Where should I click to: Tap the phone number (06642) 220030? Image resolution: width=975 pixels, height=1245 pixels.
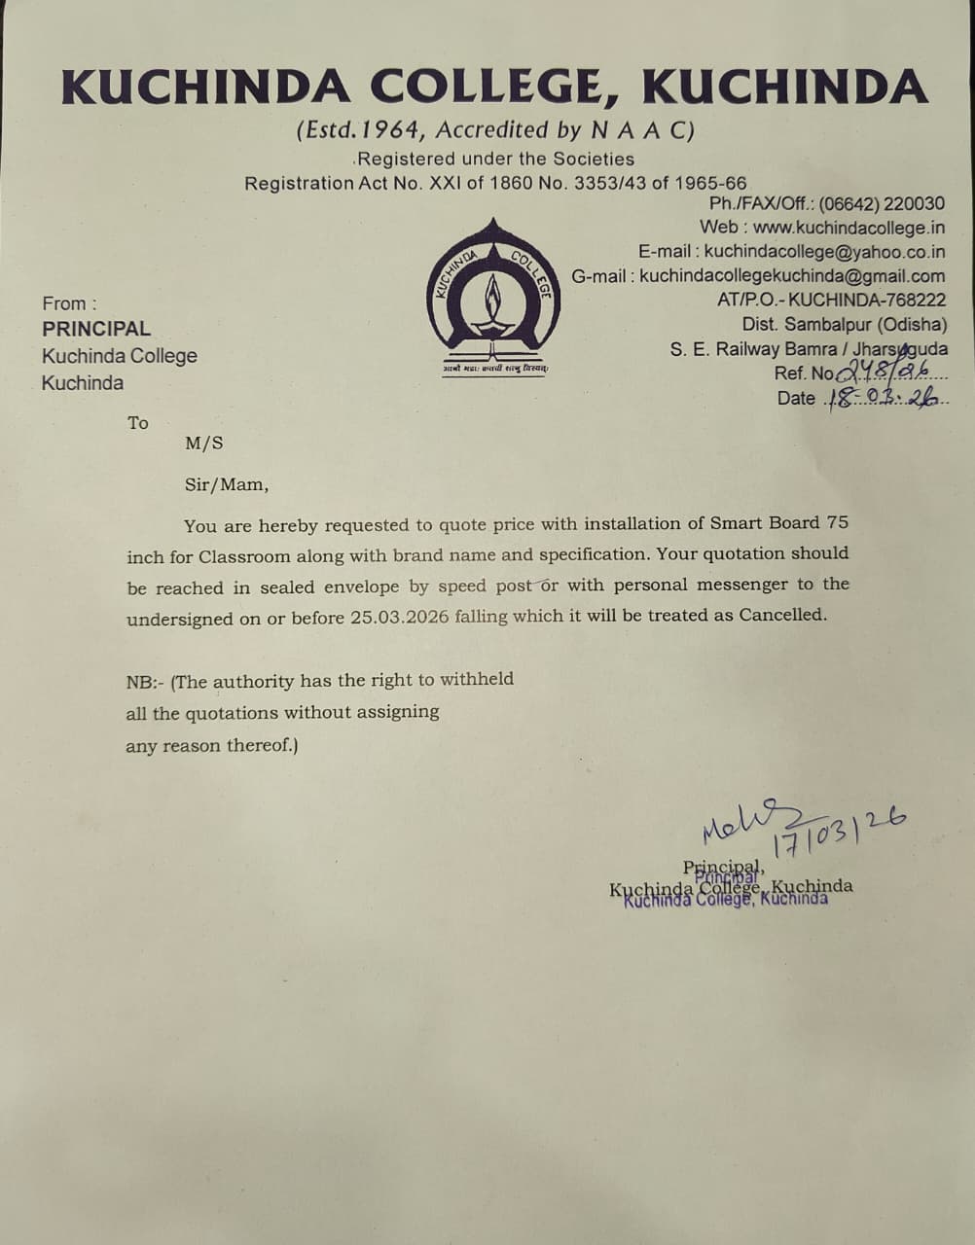(x=882, y=204)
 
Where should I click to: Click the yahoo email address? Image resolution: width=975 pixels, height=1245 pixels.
(x=824, y=252)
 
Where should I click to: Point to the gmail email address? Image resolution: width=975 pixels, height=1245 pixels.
(x=792, y=276)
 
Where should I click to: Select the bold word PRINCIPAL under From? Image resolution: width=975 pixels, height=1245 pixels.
(x=96, y=329)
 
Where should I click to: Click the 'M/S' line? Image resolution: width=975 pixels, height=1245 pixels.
(x=204, y=444)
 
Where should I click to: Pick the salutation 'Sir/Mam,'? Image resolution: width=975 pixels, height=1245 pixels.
(x=227, y=484)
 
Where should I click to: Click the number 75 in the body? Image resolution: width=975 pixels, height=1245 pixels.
(x=837, y=522)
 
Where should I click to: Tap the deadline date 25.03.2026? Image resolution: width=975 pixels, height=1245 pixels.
(x=400, y=618)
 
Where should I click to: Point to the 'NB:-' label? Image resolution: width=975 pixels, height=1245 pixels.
(x=145, y=682)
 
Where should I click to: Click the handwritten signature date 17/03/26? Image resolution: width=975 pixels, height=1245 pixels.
(x=839, y=831)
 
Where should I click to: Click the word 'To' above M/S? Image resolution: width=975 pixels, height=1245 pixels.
(x=138, y=423)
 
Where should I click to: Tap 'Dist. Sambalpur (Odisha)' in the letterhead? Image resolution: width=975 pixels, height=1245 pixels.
(x=844, y=325)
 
